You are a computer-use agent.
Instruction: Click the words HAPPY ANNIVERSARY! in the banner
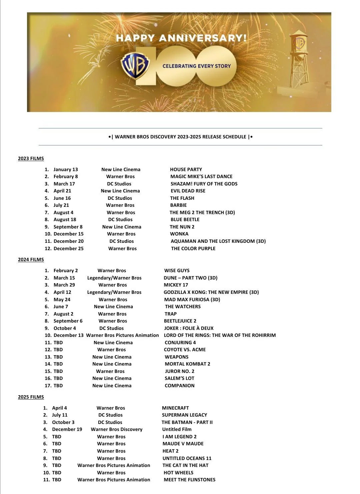pos(181,38)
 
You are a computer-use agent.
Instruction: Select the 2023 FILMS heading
pos(31,158)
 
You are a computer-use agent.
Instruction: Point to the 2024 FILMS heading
pos(31,260)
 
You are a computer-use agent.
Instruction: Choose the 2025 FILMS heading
pos(31,397)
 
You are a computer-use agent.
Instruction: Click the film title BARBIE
pos(178,205)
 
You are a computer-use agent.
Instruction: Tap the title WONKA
pos(179,234)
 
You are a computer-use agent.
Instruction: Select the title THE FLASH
pos(182,198)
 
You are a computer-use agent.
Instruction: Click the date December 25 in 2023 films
pos(68,249)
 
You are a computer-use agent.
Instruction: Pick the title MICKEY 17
pos(176,285)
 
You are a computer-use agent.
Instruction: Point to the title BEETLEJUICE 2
pos(180,321)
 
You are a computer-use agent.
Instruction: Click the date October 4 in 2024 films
pos(65,328)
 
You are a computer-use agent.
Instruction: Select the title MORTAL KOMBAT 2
pos(187,364)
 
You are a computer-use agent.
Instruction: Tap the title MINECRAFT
pos(175,408)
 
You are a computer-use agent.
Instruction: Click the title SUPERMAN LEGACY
pos(184,415)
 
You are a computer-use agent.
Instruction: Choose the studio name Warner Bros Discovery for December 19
pos(116,429)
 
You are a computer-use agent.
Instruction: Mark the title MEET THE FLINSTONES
pos(189,480)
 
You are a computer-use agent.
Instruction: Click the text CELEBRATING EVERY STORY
pos(197,66)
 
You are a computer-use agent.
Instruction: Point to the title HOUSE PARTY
pos(186,169)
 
